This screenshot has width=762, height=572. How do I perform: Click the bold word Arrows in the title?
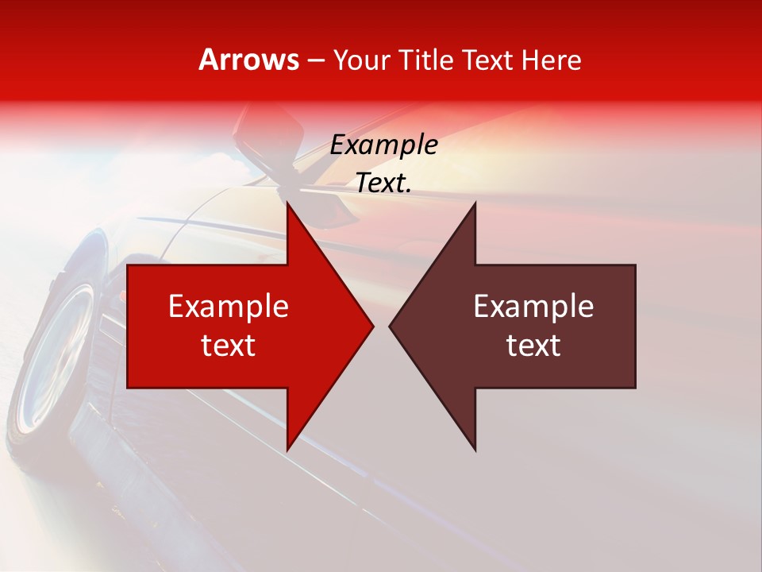coord(249,60)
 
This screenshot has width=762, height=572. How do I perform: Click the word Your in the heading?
coord(361,60)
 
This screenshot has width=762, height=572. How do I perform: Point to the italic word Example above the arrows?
coord(384,145)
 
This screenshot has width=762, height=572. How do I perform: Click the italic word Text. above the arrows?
coord(384,183)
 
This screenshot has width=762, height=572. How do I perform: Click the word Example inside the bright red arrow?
coord(229,307)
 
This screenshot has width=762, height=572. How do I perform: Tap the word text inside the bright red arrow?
coord(229,346)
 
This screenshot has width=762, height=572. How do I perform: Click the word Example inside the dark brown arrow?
coord(533,307)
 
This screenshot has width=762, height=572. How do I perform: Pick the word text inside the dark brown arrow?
coord(533,346)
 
